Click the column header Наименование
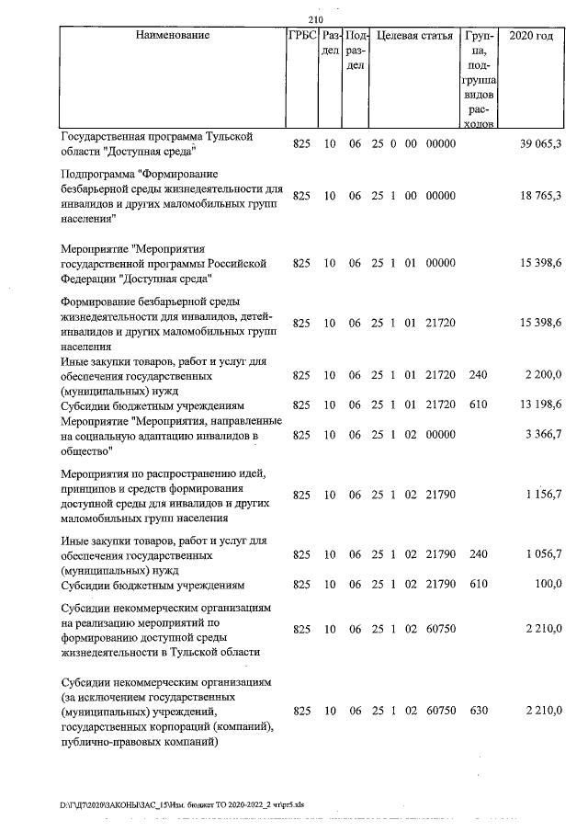[172, 36]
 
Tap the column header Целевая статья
[414, 36]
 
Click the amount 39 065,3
[541, 144]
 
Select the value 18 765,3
[541, 197]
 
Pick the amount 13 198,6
[541, 405]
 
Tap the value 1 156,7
[543, 495]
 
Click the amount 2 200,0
[543, 376]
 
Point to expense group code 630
[477, 712]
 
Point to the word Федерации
[92, 263]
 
